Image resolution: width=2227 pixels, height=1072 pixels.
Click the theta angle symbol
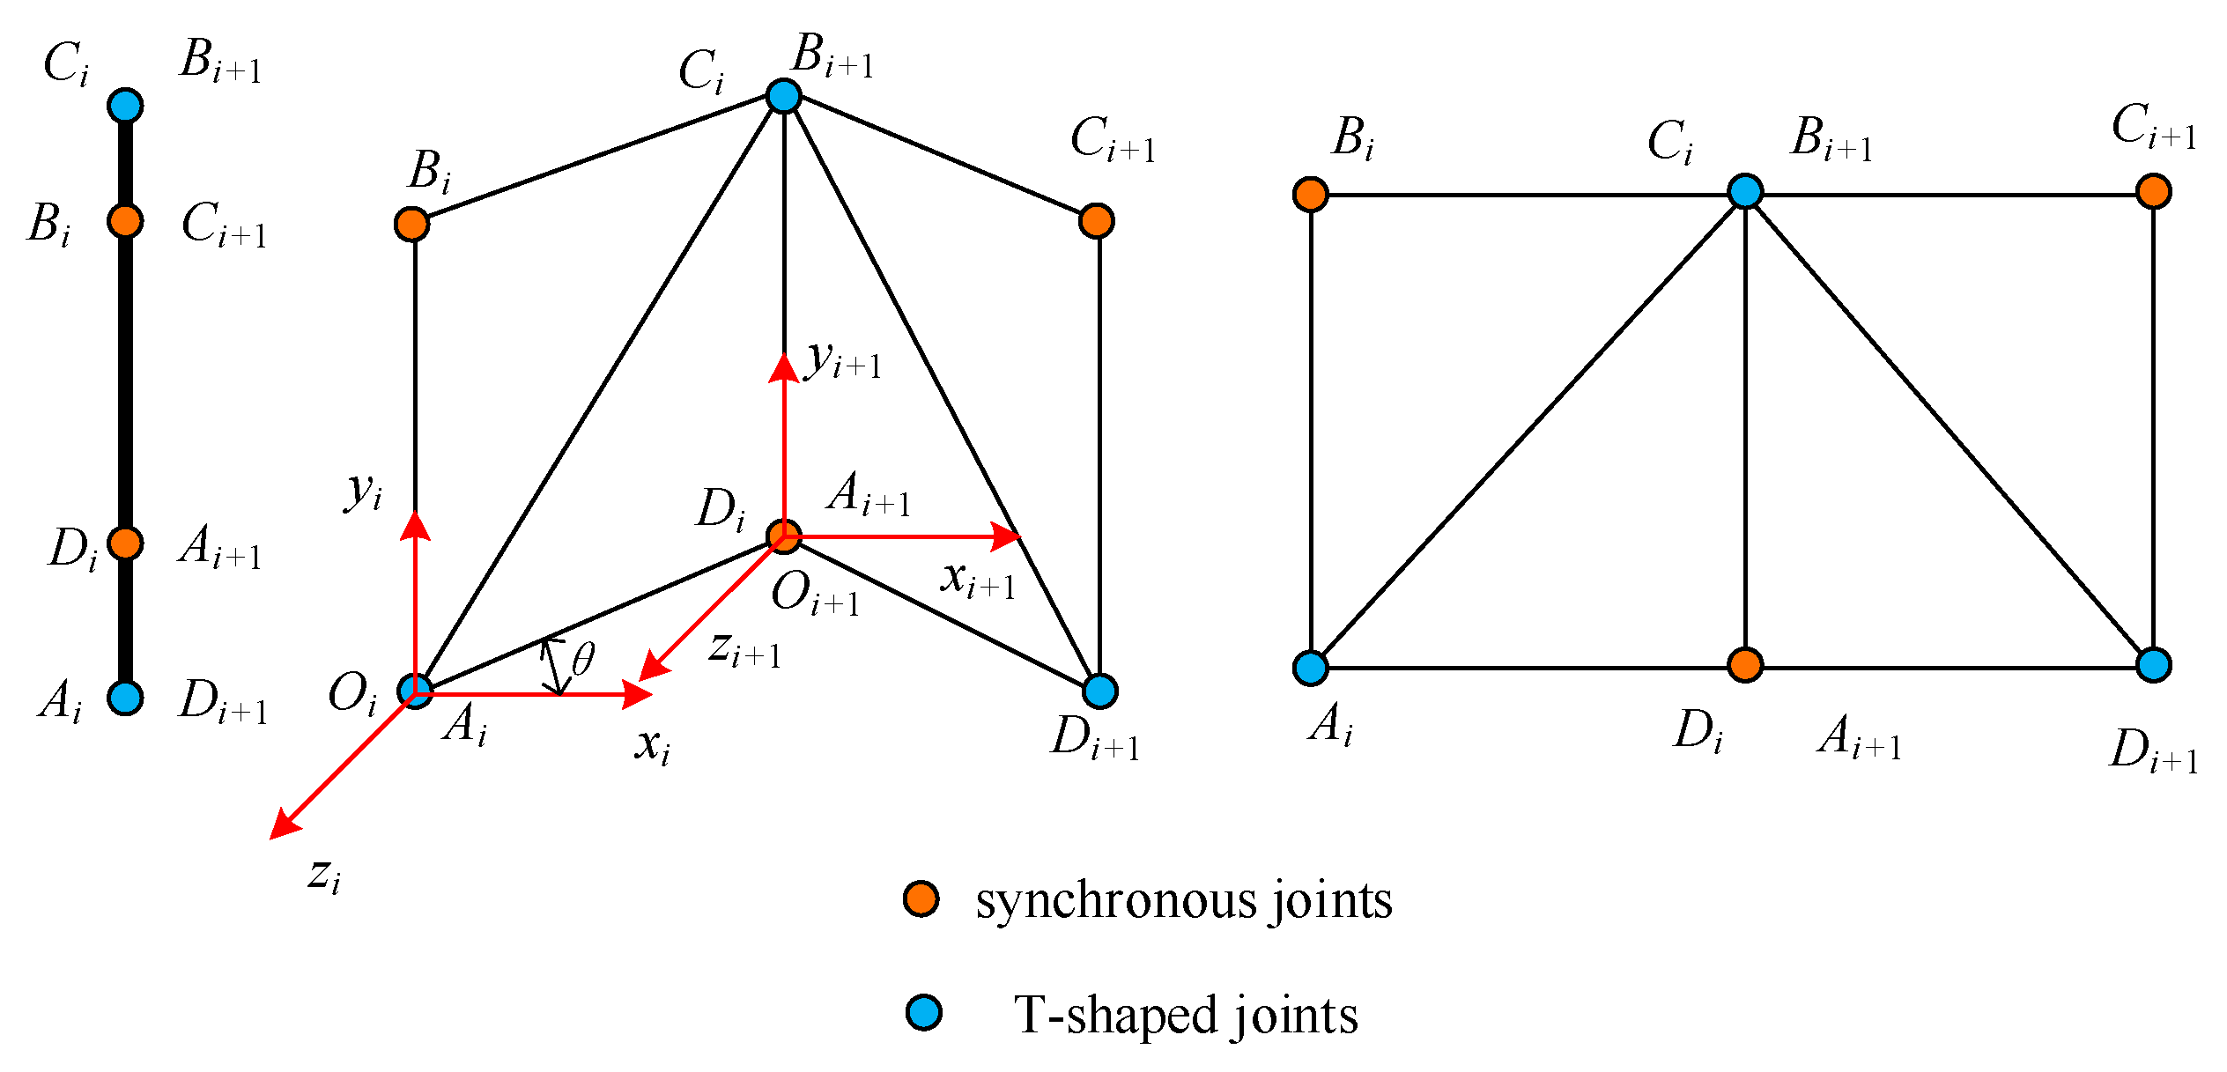tap(583, 659)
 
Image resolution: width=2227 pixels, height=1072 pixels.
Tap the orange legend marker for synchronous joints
tap(921, 898)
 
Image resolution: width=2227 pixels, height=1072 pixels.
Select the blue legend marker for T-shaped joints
tap(924, 1012)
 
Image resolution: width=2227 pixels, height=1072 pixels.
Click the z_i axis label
tap(324, 875)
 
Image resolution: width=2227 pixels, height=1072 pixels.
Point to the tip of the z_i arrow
tap(273, 835)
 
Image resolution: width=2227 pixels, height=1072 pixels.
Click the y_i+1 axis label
tap(843, 360)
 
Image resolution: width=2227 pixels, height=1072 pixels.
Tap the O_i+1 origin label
tap(815, 595)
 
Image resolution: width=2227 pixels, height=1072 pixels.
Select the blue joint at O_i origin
tap(415, 691)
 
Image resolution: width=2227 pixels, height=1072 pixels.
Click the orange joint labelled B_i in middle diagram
tap(412, 224)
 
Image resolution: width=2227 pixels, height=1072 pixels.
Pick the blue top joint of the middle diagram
tap(784, 95)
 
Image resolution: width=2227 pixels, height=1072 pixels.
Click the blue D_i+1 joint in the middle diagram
tap(1099, 691)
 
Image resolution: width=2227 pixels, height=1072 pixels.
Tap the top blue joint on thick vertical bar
tap(125, 106)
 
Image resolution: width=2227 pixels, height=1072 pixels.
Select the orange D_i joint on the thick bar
tap(125, 543)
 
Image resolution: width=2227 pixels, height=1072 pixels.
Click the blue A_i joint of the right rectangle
tap(1311, 668)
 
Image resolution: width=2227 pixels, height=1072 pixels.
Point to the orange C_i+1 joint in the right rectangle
tap(2154, 191)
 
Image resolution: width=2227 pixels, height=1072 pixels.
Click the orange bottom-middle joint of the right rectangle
tap(1745, 665)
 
